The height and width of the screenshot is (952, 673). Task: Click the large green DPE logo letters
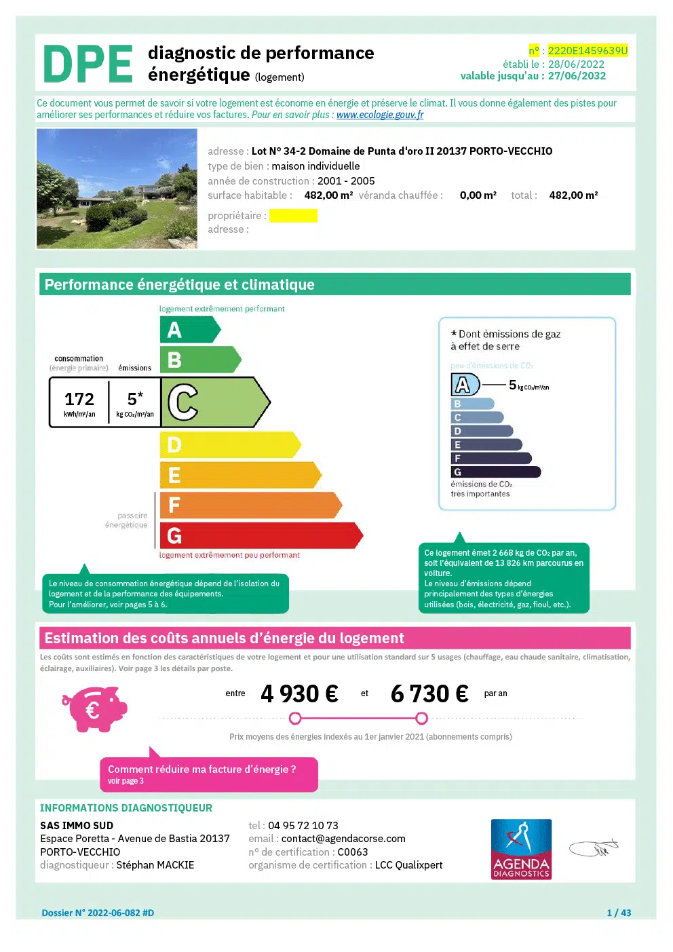(88, 64)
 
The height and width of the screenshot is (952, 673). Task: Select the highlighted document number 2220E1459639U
(588, 51)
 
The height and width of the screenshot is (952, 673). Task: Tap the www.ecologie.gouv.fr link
(380, 115)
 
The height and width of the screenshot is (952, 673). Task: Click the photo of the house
(117, 189)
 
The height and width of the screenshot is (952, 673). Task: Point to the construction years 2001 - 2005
(346, 181)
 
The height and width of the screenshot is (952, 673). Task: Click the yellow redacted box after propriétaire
(293, 216)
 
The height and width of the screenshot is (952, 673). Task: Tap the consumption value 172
(79, 399)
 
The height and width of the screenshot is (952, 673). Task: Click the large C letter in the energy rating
(182, 402)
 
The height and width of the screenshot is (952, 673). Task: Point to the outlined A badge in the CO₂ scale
(464, 385)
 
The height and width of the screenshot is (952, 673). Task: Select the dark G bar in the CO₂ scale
(495, 472)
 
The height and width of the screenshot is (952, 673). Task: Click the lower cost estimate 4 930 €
(299, 693)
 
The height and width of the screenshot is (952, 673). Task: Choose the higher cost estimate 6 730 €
(429, 693)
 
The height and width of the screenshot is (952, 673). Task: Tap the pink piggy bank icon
(95, 709)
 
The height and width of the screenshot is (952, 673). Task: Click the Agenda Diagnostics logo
(521, 850)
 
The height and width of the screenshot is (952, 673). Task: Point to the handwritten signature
(594, 848)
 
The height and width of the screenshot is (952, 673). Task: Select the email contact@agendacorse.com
(343, 839)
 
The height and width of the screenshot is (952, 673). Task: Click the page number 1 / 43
(619, 913)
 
